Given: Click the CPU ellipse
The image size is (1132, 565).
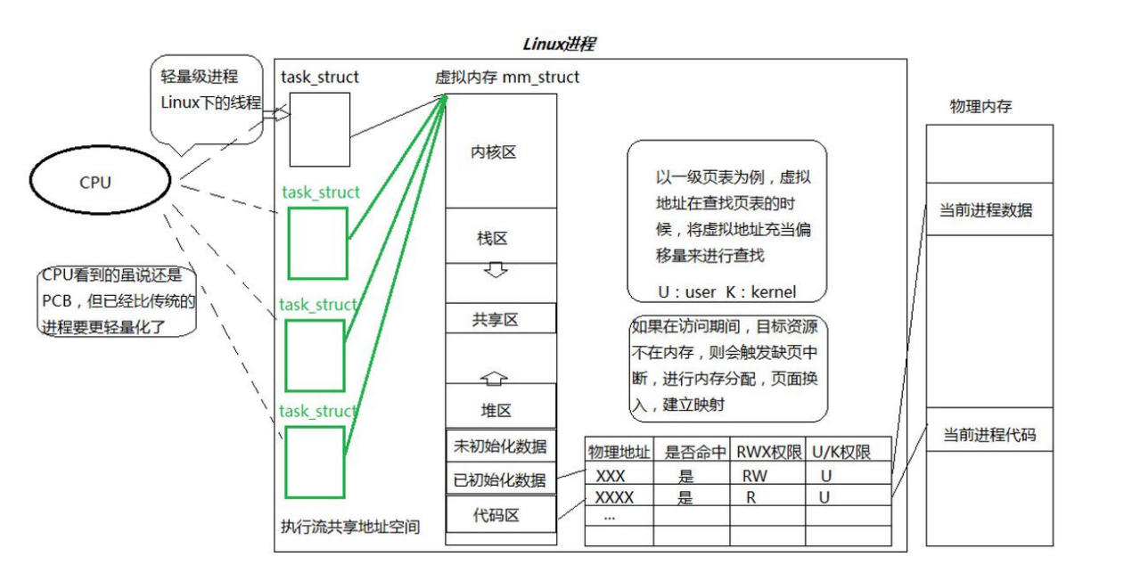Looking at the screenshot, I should [x=99, y=183].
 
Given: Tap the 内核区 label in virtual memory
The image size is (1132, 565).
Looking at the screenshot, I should [x=494, y=152].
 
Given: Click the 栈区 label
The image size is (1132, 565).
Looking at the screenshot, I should [x=492, y=238].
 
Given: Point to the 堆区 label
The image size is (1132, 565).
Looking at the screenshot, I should [x=495, y=410].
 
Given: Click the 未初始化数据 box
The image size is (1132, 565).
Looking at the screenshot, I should [x=501, y=446].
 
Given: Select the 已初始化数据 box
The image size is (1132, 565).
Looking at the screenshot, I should [x=501, y=479].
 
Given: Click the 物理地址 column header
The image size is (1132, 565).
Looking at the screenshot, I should [x=619, y=452].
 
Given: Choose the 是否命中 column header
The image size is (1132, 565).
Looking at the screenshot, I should [x=692, y=452].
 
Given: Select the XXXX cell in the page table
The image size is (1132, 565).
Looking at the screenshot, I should [x=615, y=497].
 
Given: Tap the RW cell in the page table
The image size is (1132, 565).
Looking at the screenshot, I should [x=754, y=476].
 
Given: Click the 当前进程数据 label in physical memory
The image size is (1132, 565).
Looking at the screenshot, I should [x=987, y=210].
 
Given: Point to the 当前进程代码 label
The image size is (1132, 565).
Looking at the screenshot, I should [x=989, y=435].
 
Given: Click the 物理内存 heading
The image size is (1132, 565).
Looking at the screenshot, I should [x=981, y=107].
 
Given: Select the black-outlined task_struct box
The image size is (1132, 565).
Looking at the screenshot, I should [x=318, y=129].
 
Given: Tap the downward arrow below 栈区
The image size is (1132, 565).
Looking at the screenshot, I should [x=495, y=269].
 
